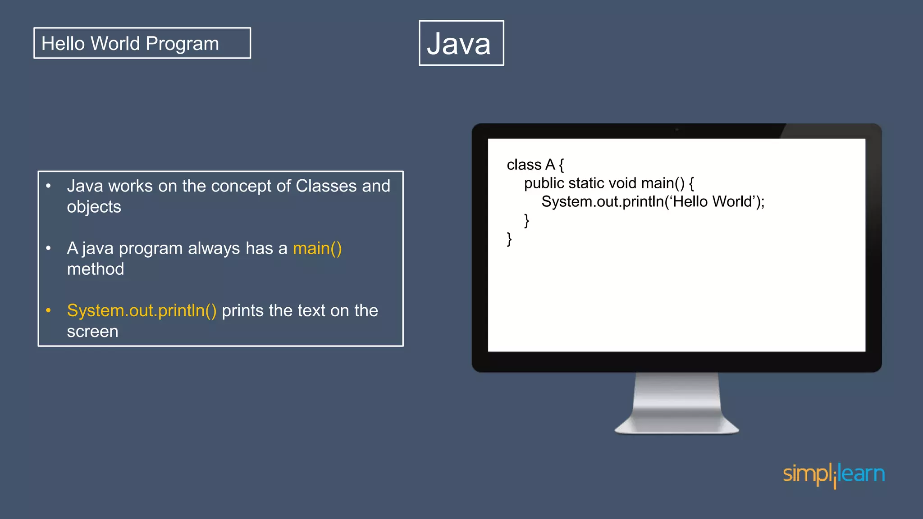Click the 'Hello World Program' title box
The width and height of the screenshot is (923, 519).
point(142,43)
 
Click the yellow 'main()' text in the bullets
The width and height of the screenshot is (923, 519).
point(317,249)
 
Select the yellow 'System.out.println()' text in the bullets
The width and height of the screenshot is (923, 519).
point(142,311)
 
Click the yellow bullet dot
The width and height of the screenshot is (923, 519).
point(48,310)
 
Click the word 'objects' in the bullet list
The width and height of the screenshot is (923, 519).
point(94,207)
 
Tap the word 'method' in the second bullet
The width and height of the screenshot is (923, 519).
point(95,269)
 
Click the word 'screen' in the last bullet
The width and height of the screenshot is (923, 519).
point(92,332)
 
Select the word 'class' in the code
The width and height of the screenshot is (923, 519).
point(524,165)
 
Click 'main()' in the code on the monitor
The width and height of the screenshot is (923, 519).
point(663,183)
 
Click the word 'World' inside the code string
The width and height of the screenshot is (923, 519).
point(732,202)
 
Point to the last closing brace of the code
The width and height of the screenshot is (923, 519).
point(509,239)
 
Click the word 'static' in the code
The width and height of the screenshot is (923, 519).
point(586,183)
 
